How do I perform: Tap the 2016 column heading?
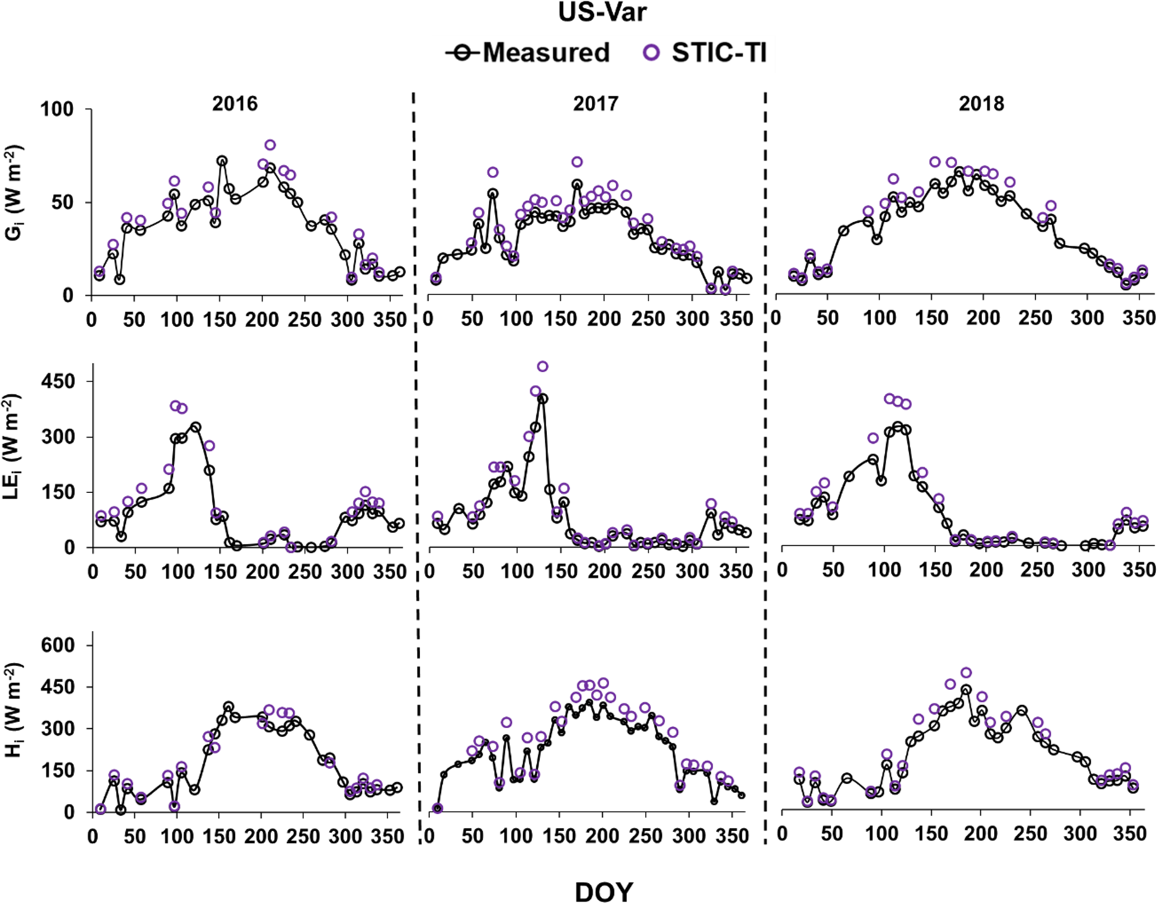tap(235, 104)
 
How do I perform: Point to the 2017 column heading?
tap(595, 104)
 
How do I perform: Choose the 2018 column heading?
tap(981, 104)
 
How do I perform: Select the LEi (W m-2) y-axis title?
tap(15, 446)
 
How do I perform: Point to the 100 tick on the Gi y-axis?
tap(57, 109)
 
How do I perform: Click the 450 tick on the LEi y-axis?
tap(58, 382)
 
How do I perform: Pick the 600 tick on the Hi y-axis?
tap(58, 645)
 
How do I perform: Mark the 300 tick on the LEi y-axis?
tap(58, 437)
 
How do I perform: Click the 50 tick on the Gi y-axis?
tap(63, 203)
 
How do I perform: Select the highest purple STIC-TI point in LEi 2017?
tap(542, 367)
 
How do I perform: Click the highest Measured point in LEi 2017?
tap(542, 399)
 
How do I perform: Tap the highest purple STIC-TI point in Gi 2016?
tap(270, 145)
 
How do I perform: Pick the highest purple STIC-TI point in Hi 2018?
tap(966, 673)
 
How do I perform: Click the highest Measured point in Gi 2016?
tap(222, 161)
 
